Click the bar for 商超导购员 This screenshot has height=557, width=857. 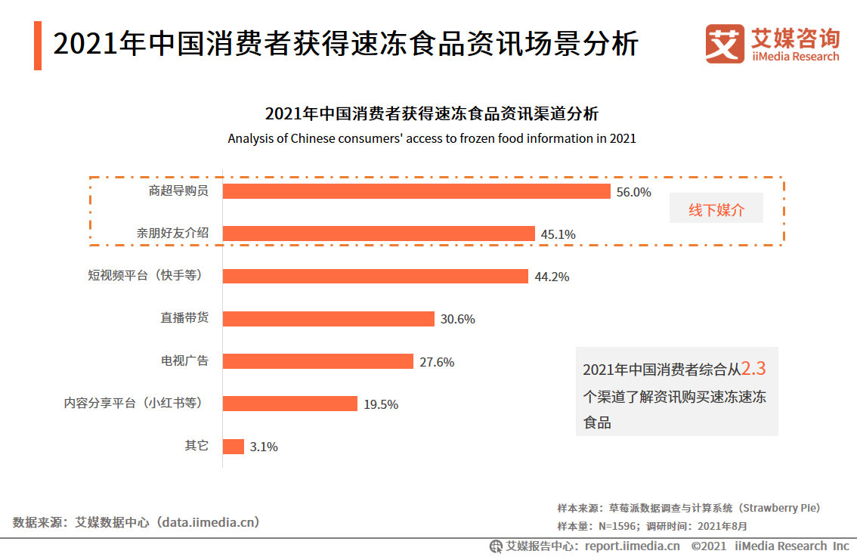click(x=416, y=191)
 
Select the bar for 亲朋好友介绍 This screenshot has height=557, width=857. click(x=379, y=234)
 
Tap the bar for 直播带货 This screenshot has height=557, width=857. click(x=329, y=319)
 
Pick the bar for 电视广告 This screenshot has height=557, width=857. click(x=318, y=361)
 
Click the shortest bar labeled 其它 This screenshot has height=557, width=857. click(x=234, y=446)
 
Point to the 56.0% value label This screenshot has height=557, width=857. click(x=633, y=192)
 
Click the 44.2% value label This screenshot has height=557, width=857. click(x=552, y=277)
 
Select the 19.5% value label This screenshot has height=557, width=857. click(x=381, y=404)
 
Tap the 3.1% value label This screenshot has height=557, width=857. click(x=264, y=447)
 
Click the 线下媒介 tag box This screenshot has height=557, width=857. click(x=716, y=210)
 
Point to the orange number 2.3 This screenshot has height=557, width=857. click(x=753, y=369)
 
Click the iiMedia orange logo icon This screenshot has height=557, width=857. click(x=725, y=44)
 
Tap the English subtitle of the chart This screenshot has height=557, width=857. click(x=432, y=139)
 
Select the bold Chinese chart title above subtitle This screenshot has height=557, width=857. click(x=432, y=114)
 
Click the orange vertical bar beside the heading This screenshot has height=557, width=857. click(x=38, y=46)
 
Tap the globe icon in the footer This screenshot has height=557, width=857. click(x=496, y=546)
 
